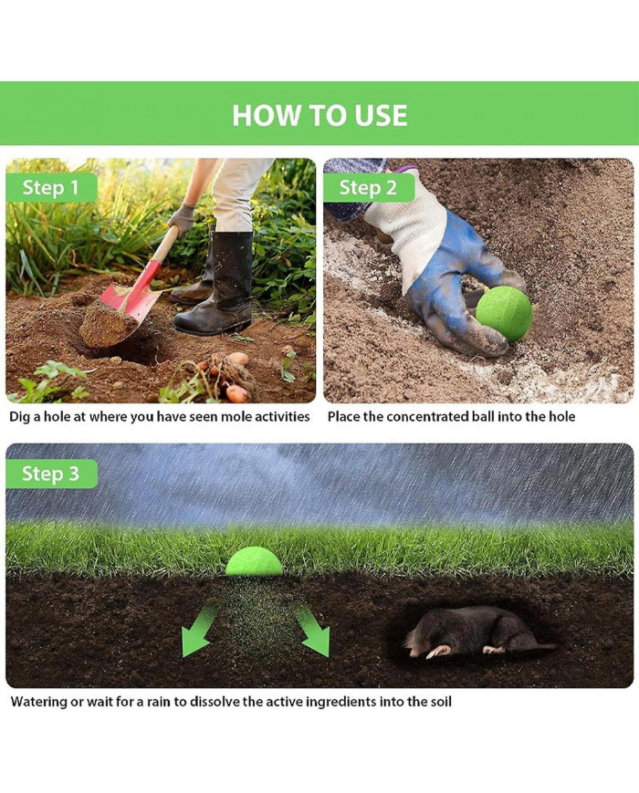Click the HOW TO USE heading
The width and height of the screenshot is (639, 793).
tap(319, 115)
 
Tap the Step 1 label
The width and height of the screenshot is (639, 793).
tap(50, 188)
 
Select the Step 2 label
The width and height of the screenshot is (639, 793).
tap(368, 188)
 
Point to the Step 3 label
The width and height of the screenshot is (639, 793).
tap(50, 474)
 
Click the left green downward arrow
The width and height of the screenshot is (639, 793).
tap(200, 631)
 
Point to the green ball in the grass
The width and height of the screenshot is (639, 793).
tap(254, 561)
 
